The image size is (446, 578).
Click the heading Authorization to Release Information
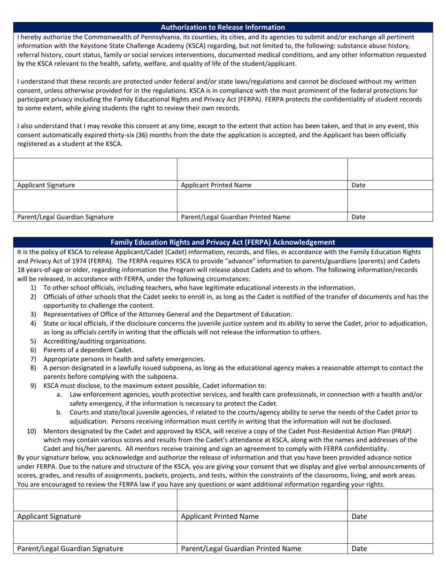[223, 27]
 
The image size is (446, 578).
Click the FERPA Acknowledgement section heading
[223, 242]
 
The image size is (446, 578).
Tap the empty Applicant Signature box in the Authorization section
[95, 169]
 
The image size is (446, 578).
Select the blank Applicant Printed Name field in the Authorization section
[262, 169]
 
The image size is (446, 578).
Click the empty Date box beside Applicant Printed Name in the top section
[390, 169]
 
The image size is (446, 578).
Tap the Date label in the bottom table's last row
[359, 548]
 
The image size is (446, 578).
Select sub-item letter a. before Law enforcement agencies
[59, 394]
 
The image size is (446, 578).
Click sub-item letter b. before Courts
[59, 412]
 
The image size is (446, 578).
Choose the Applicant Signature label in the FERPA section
[49, 516]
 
